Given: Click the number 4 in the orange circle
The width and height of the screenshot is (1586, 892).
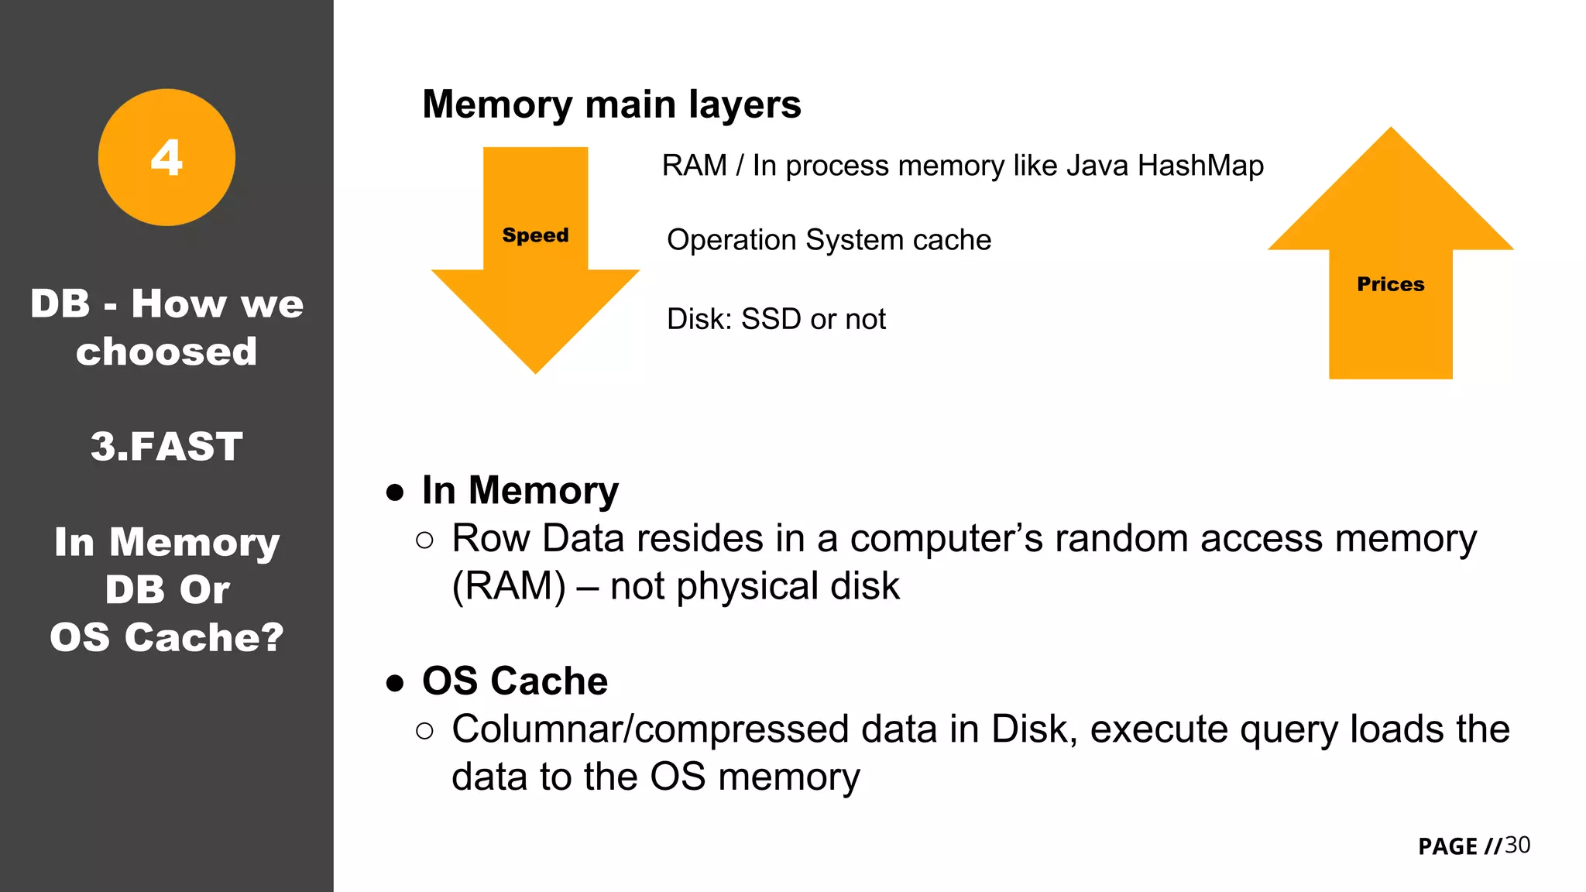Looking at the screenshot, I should pyautogui.click(x=166, y=158).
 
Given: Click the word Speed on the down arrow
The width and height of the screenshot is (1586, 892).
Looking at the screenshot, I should pyautogui.click(x=535, y=235).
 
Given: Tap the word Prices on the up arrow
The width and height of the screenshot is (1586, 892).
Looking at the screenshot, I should pyautogui.click(x=1390, y=284).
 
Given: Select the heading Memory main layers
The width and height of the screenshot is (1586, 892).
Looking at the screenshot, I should pyautogui.click(x=611, y=105).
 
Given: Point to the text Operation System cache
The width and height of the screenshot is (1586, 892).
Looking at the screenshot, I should pyautogui.click(x=829, y=240).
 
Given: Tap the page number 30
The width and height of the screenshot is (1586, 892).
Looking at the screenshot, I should pyautogui.click(x=1517, y=845).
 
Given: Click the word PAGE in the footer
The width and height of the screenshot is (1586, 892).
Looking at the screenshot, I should pyautogui.click(x=1447, y=846).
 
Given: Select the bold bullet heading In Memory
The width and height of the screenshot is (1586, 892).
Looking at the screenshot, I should pyautogui.click(x=520, y=490).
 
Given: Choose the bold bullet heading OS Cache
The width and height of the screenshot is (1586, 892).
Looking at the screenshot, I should pyautogui.click(x=514, y=681).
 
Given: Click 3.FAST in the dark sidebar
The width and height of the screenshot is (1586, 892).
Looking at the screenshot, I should pyautogui.click(x=166, y=447).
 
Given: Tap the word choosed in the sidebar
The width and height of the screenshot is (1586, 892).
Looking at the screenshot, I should pyautogui.click(x=166, y=352).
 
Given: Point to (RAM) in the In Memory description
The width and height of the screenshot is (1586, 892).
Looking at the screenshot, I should pyautogui.click(x=509, y=586).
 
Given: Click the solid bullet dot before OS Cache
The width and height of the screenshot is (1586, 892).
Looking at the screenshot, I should pyautogui.click(x=395, y=683).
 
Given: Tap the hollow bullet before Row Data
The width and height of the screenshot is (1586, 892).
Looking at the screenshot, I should pyautogui.click(x=424, y=540).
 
